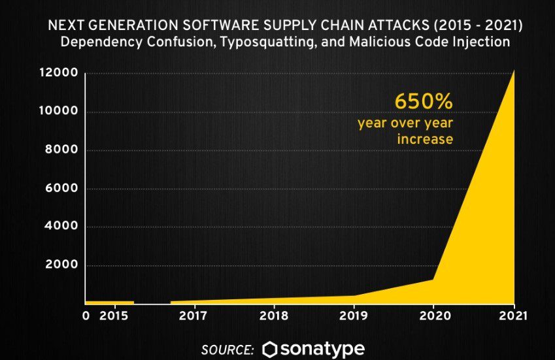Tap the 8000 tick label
(62, 150)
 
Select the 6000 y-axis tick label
(62, 189)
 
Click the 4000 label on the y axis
(62, 227)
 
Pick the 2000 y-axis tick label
(62, 265)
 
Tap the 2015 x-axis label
(115, 316)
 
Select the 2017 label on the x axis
(193, 316)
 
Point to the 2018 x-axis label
(273, 316)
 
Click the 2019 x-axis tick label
(354, 316)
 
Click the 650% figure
(423, 103)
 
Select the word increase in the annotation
(425, 139)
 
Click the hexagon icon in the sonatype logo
(269, 350)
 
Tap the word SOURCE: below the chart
(227, 350)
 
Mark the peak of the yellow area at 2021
(514, 71)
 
